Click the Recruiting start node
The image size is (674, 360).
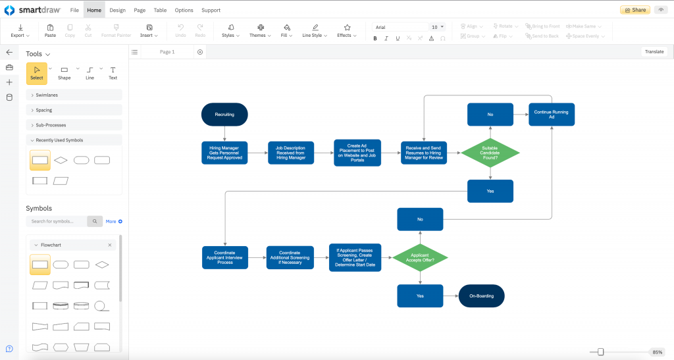224,115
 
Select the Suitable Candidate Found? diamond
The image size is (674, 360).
490,153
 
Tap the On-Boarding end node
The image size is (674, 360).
481,296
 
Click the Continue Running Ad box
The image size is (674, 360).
551,115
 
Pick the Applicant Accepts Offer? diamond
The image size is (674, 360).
420,257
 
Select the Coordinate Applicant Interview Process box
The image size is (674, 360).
224,257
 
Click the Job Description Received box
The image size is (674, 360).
291,153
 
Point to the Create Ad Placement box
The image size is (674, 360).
357,153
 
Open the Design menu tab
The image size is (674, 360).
117,10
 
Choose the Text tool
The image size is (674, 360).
113,72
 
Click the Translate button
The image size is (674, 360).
654,51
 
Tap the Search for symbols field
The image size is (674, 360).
57,221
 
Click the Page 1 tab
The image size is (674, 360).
167,52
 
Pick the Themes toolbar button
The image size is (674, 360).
260,31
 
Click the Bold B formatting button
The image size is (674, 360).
375,38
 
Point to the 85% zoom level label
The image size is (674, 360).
657,352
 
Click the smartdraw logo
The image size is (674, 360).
32,10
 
